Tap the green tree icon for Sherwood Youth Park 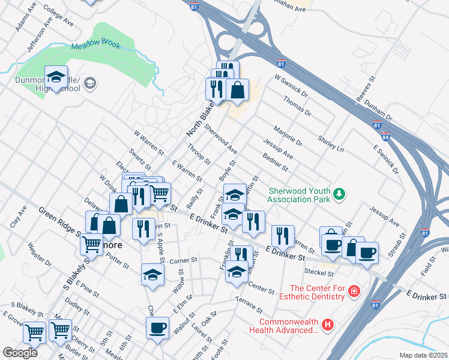340,193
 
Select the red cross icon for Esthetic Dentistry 354,291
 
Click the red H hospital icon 327,325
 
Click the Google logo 20,352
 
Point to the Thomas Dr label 298,108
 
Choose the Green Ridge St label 59,220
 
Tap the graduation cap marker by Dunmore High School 56,78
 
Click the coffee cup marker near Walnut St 158,328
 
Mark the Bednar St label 276,164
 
